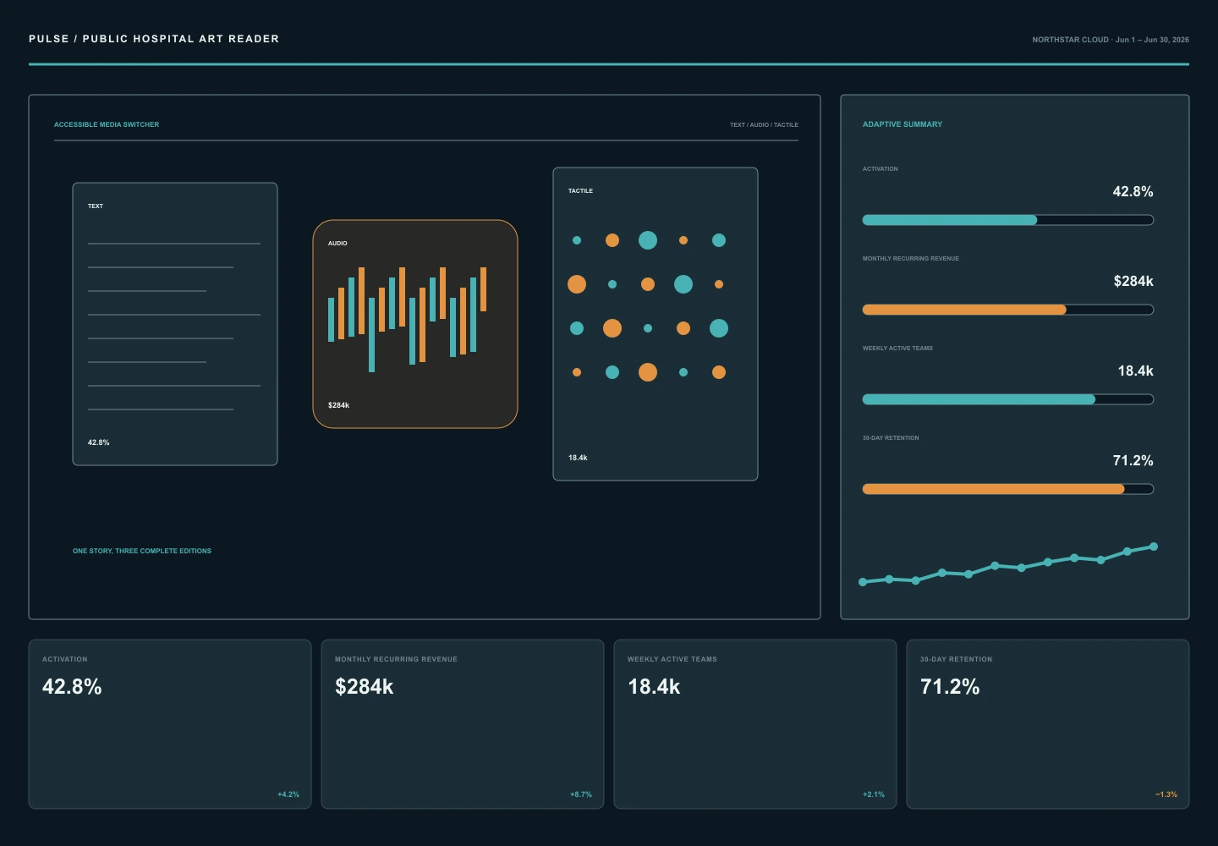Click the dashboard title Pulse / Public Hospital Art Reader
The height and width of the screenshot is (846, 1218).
coord(154,39)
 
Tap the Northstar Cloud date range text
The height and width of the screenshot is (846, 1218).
coord(1111,40)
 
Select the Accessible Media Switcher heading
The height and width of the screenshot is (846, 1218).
coord(107,124)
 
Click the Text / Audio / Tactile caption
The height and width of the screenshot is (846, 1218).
coord(764,125)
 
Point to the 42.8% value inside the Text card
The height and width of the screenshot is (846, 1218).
coord(98,442)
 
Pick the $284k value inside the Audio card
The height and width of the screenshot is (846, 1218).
coord(338,405)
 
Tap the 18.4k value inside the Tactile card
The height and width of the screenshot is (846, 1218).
coord(578,458)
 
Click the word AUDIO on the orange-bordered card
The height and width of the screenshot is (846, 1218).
coord(337,243)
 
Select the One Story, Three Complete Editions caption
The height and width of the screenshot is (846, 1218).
coord(142,551)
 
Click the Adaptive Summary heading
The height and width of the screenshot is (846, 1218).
coord(902,124)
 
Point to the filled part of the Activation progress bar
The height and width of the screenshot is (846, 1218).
coord(949,220)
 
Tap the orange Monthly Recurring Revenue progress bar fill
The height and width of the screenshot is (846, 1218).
coord(964,310)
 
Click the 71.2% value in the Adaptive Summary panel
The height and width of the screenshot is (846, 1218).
coord(1133,460)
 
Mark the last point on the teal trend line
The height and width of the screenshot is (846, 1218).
coord(1154,547)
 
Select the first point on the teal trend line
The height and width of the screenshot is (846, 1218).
coord(863,582)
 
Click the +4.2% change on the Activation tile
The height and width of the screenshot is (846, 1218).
coord(288,794)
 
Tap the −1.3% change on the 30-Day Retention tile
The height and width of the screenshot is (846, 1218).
coord(1166,794)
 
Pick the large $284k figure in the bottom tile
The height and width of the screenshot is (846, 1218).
coord(364,687)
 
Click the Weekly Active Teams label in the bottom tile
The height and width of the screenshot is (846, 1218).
coord(672,659)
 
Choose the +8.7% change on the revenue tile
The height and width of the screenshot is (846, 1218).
coord(581,794)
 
